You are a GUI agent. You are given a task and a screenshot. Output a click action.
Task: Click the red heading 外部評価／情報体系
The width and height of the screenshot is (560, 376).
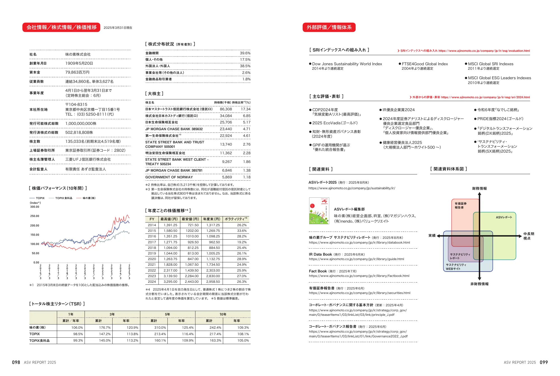[329, 27]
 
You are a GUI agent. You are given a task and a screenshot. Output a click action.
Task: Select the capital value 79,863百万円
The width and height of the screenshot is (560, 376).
[77, 73]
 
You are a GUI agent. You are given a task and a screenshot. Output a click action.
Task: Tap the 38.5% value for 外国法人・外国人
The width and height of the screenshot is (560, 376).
[245, 66]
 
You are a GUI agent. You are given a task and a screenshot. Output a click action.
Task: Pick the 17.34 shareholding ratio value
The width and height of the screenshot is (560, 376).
[246, 109]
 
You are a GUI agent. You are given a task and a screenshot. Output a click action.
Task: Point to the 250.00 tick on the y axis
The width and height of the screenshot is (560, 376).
[35, 216]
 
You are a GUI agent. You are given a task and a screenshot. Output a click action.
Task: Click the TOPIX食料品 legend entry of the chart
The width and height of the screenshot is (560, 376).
[64, 198]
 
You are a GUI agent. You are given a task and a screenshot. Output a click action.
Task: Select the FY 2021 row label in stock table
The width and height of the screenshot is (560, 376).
[152, 265]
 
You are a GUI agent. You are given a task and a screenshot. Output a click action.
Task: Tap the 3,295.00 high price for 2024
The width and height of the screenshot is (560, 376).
[170, 282]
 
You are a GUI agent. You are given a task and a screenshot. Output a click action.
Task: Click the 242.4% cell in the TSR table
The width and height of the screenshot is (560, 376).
[215, 328]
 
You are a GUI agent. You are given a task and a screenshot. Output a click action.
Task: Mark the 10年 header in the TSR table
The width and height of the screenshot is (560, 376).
[223, 314]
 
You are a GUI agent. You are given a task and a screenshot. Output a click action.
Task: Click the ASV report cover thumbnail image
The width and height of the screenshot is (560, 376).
[319, 211]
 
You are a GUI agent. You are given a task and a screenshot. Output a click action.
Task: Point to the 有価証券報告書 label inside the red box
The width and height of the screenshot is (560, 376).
[461, 205]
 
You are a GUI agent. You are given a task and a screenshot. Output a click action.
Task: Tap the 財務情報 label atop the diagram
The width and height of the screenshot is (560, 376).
[479, 188]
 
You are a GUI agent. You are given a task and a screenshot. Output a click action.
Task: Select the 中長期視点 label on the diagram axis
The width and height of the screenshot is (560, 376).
[529, 236]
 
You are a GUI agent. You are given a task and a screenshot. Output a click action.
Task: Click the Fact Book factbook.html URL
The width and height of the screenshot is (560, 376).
[359, 276]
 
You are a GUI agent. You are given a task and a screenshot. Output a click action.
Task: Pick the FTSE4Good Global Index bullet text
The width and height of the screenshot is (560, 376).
[425, 64]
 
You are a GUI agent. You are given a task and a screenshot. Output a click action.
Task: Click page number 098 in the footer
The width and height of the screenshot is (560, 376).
[16, 362]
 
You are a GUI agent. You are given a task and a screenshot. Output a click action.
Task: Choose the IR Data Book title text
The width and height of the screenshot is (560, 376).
[320, 254]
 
